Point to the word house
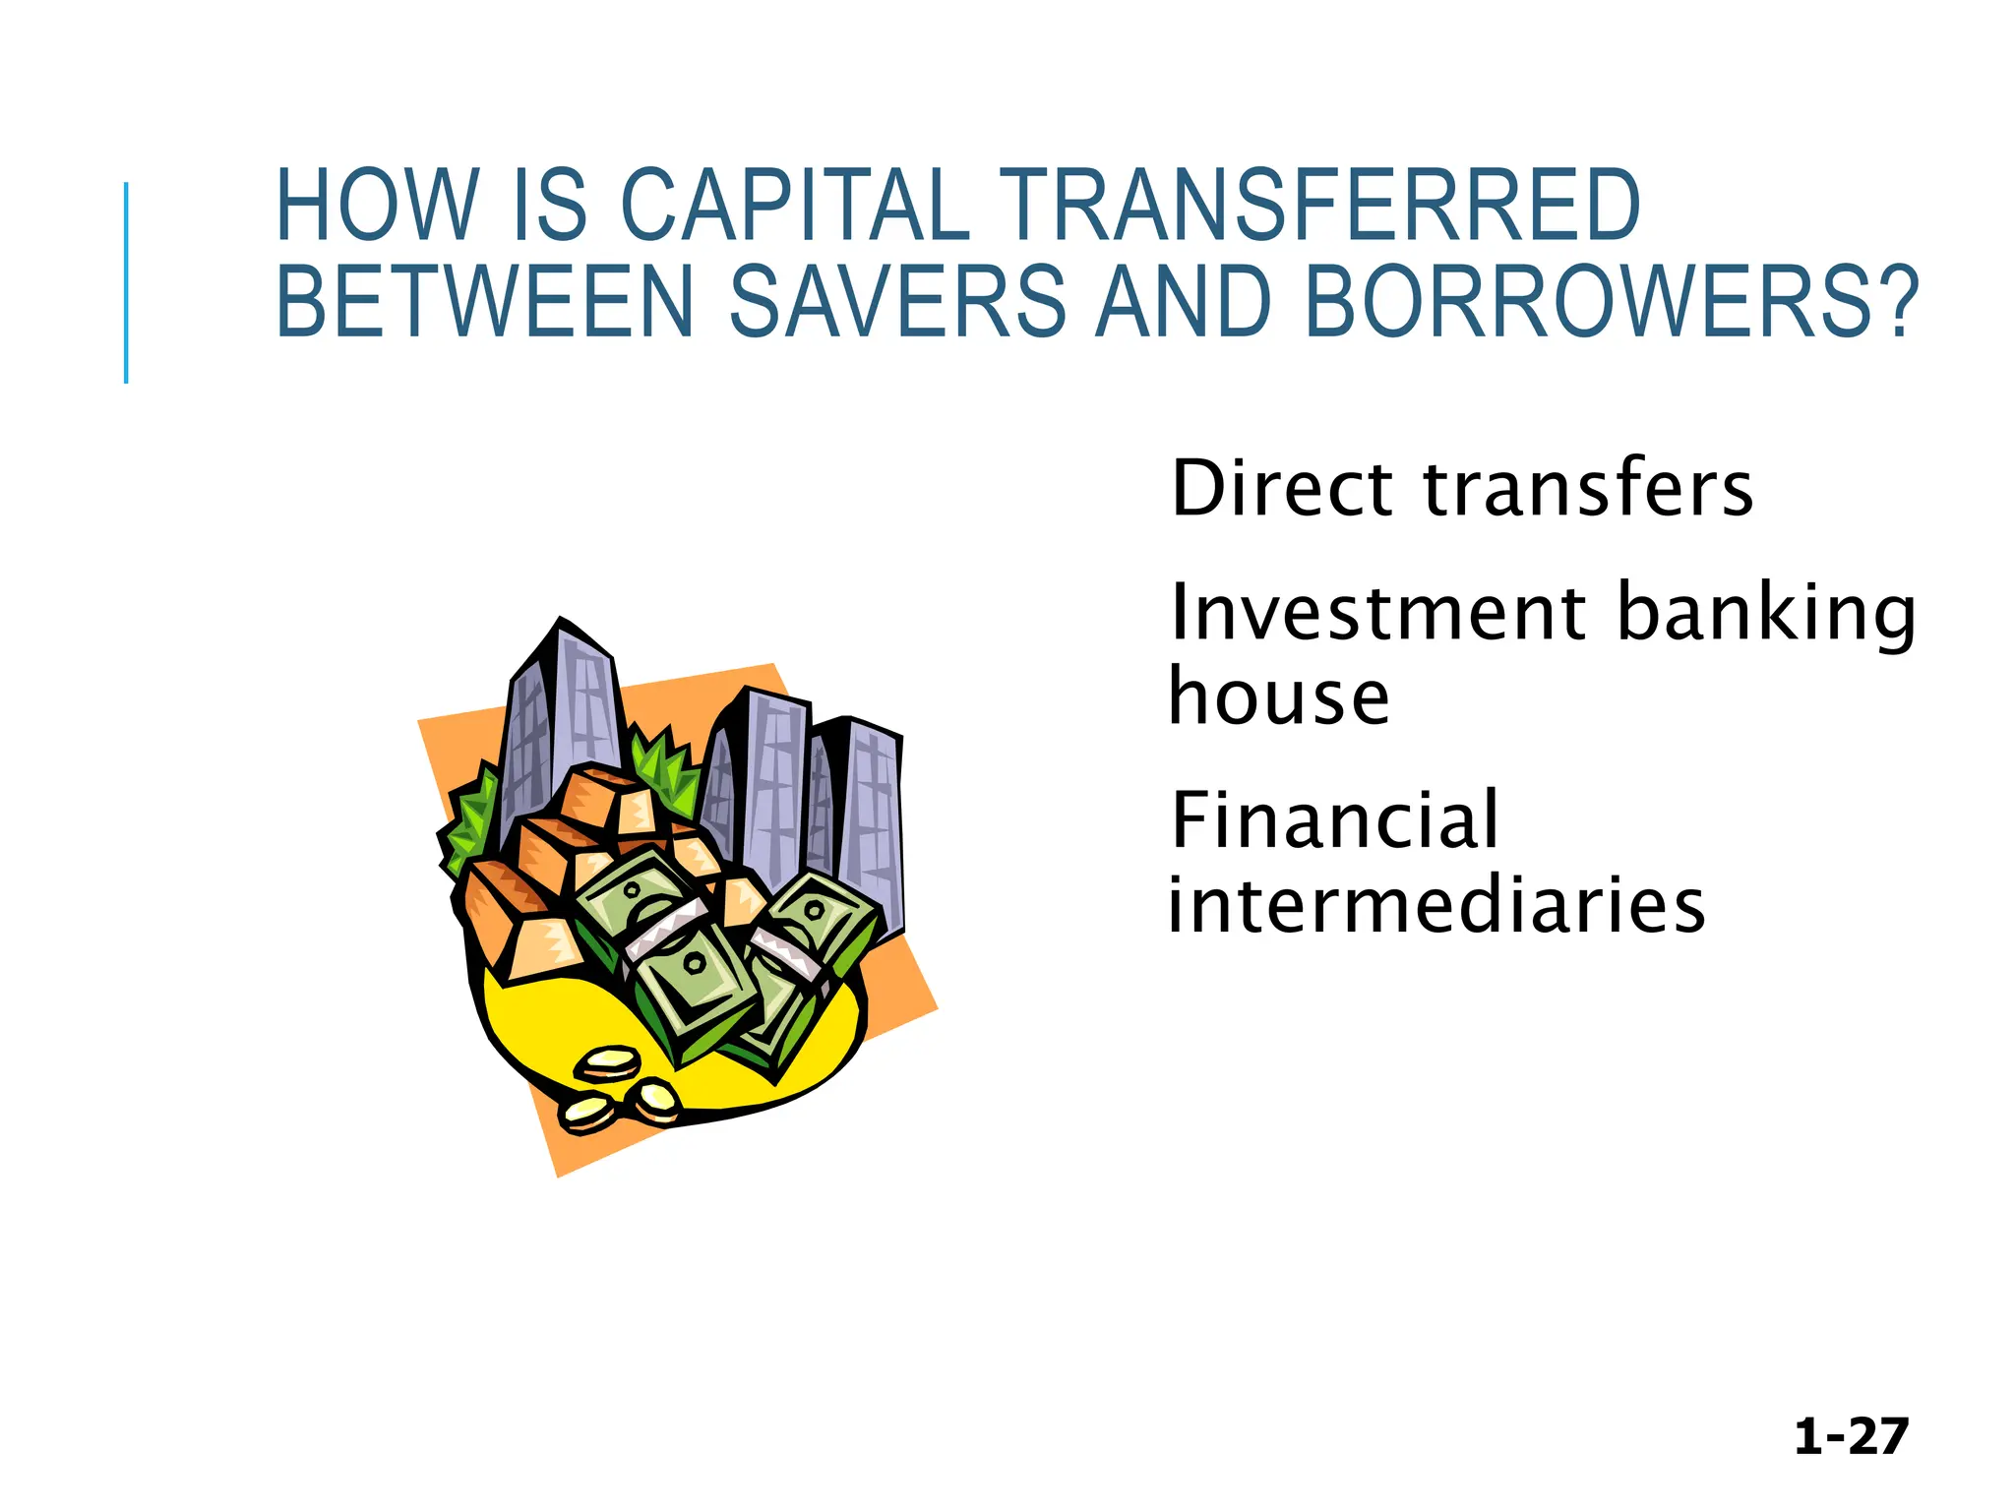1279,696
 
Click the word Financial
1334,819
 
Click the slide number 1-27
1851,1436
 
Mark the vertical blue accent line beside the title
126,282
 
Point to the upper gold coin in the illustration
607,1061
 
